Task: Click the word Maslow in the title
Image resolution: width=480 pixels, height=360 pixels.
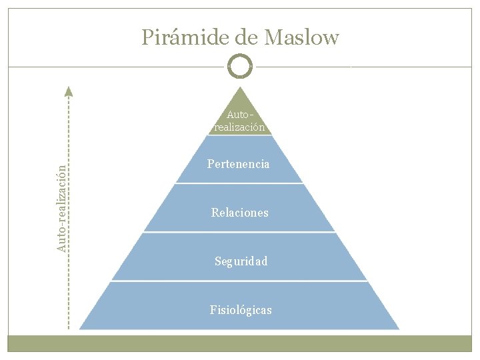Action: [301, 38]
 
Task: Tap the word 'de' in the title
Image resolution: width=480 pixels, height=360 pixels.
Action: [247, 38]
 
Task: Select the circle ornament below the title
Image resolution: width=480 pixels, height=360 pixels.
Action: [240, 66]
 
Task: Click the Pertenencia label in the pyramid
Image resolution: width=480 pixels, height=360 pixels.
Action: [239, 164]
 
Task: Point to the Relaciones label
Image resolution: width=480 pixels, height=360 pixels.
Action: [239, 213]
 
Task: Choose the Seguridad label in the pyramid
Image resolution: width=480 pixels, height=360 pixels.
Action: [241, 261]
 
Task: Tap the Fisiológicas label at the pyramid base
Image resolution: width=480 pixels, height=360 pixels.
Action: [241, 310]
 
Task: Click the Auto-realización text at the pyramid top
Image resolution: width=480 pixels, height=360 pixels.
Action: [239, 121]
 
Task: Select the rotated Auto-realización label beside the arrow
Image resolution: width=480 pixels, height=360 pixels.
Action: [61, 209]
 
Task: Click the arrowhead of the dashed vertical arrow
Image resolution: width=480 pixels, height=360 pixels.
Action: [68, 91]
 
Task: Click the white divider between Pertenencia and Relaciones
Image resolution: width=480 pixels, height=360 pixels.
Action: [239, 183]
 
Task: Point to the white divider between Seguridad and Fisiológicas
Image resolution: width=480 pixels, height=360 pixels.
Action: [239, 281]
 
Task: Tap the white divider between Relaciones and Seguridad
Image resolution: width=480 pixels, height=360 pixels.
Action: [239, 232]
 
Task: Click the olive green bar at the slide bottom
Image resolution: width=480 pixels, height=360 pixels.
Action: [240, 343]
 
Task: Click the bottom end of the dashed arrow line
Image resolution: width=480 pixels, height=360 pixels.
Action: [68, 328]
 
